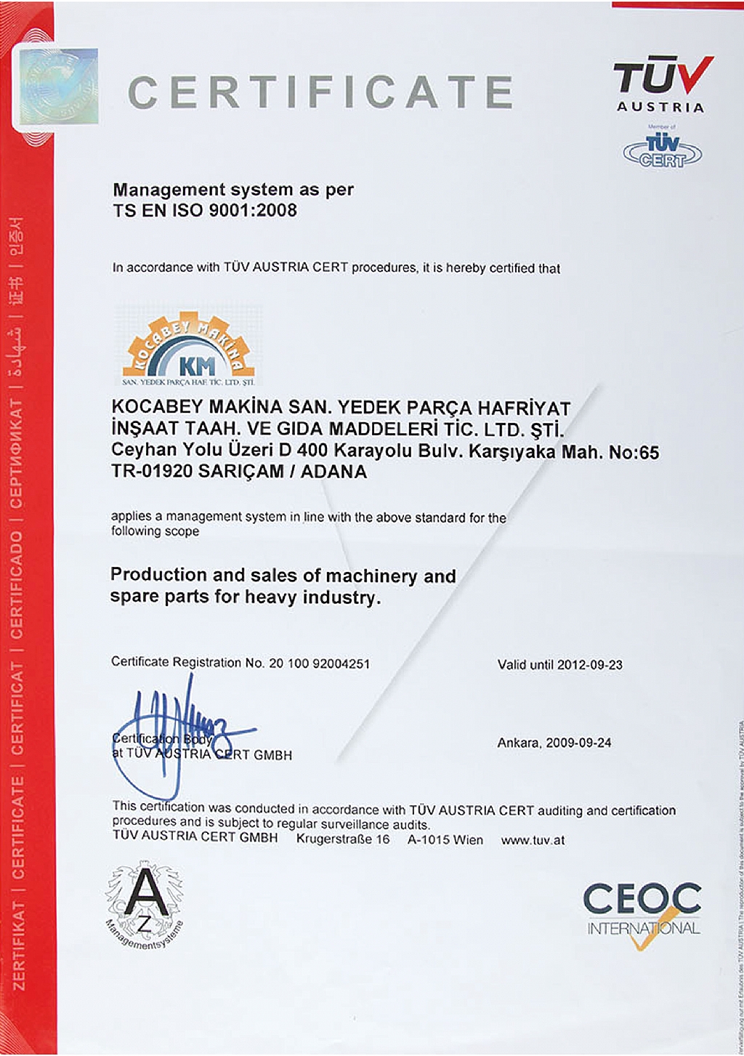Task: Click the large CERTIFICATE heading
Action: click(320, 92)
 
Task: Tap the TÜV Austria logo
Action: click(661, 84)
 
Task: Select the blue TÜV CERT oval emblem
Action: click(662, 151)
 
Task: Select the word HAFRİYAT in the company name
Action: click(523, 408)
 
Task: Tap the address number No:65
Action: click(634, 453)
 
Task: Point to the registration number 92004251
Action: click(341, 663)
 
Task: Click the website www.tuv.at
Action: click(533, 840)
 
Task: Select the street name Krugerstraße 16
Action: click(343, 839)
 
